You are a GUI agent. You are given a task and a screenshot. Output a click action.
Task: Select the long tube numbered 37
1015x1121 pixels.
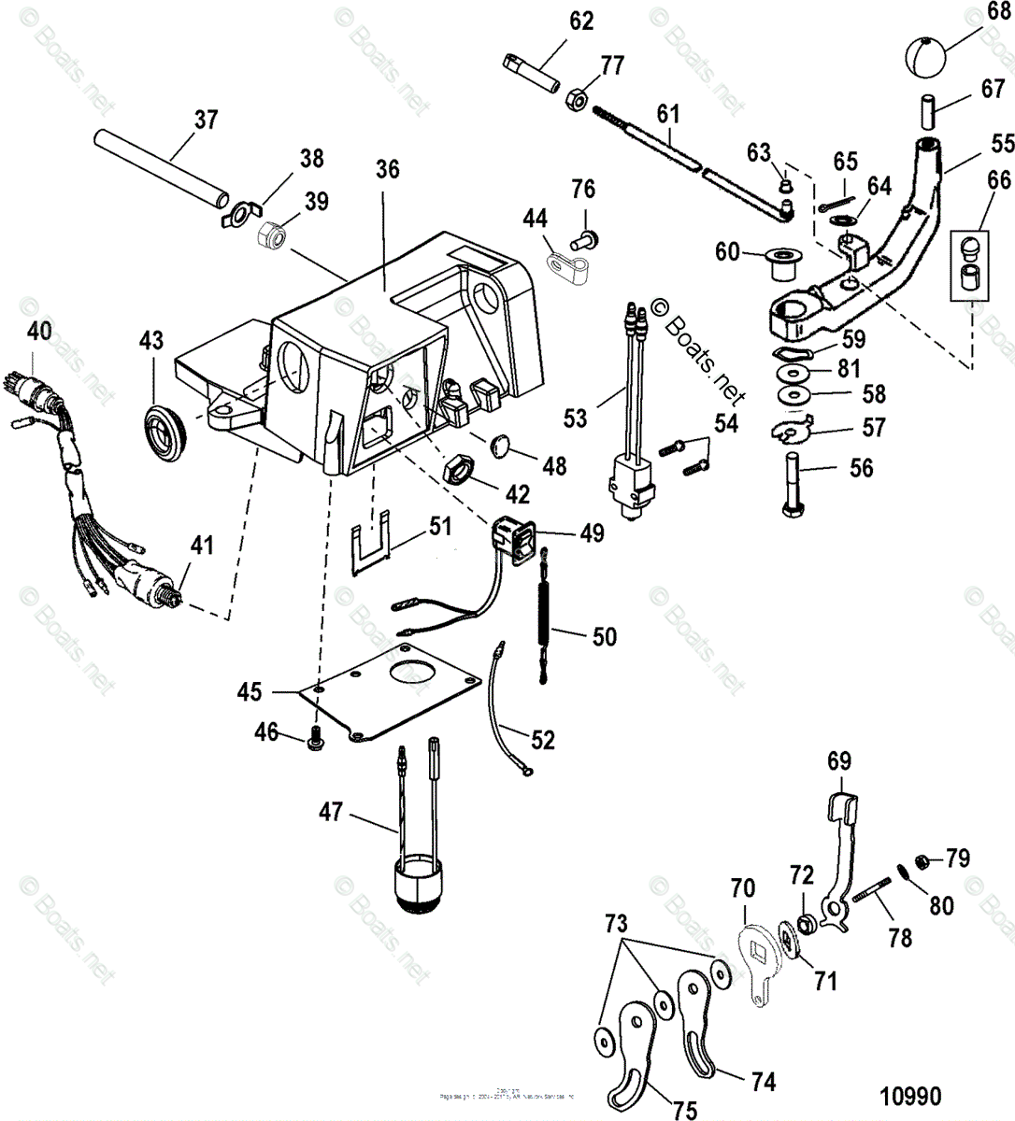(162, 166)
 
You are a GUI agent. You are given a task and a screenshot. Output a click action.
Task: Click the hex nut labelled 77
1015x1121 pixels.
(577, 97)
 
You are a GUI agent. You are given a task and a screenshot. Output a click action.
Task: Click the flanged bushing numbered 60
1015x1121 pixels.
(777, 263)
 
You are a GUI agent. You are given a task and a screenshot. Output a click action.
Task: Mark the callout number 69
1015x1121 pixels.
(839, 761)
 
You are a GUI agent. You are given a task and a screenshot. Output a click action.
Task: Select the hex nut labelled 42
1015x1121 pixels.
(460, 467)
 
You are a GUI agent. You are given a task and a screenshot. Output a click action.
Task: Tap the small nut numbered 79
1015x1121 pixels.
(921, 859)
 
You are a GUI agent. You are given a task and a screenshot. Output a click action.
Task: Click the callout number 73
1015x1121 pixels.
(614, 925)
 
